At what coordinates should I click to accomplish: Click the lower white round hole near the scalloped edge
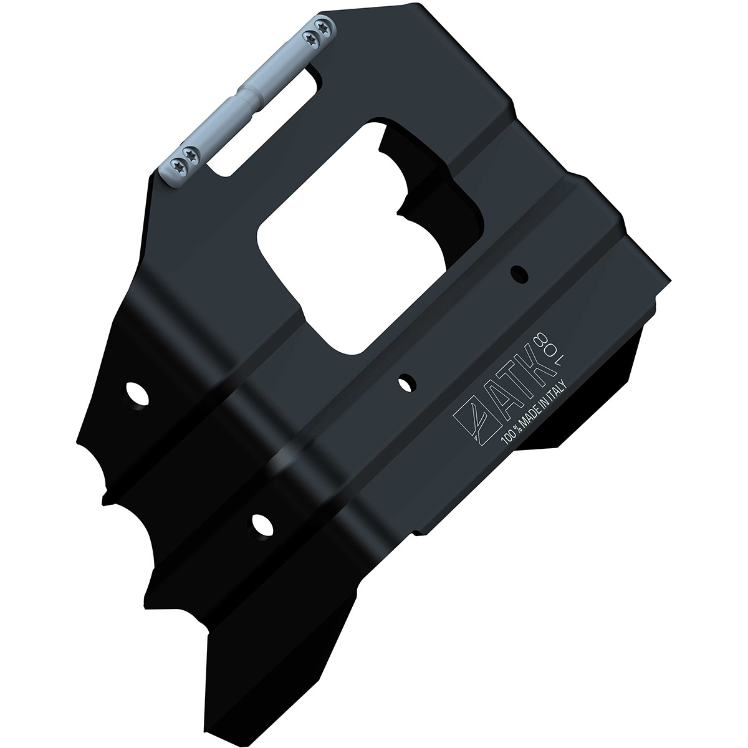262,524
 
